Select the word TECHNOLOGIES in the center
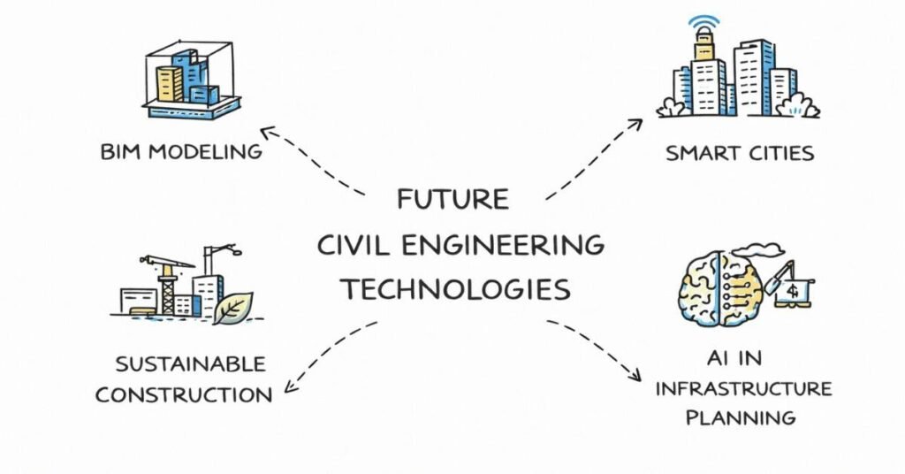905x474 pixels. point(455,288)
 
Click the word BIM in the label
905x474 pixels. point(121,151)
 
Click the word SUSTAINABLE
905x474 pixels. point(190,363)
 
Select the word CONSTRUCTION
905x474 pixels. point(183,394)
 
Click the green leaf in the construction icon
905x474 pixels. point(233,307)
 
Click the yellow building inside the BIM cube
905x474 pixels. point(170,83)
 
